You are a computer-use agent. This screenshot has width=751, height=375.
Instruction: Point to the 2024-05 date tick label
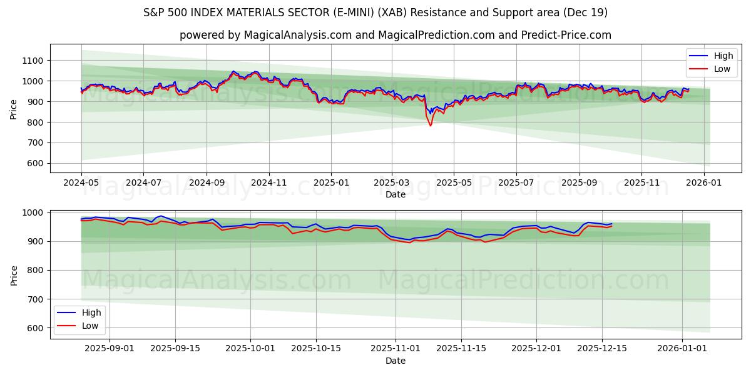(81, 182)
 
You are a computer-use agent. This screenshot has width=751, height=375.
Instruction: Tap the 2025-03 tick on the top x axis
(392, 182)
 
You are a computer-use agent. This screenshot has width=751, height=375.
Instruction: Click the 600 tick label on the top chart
(34, 164)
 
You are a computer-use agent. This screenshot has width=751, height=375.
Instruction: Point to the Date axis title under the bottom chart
(396, 361)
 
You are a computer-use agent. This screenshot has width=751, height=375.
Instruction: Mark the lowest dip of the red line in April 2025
(430, 126)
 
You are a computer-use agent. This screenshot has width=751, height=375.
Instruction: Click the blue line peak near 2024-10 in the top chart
(233, 71)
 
